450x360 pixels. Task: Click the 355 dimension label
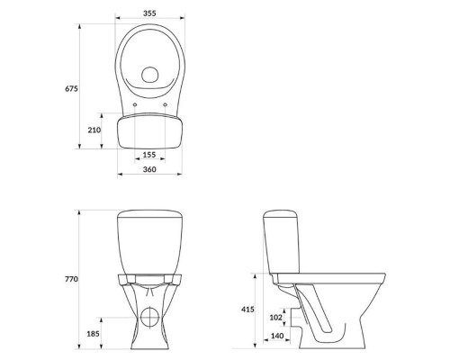coord(149,13)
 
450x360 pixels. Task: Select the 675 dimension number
coord(71,89)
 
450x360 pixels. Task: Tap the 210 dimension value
coord(94,130)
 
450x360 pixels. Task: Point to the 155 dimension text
coord(149,155)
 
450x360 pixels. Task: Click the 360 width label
coord(149,169)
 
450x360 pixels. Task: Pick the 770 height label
coord(71,279)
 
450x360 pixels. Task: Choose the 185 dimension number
coord(93,333)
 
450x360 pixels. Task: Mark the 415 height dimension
coord(247,310)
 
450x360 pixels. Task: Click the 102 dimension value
coord(276,317)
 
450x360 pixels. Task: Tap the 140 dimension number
coord(277,336)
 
